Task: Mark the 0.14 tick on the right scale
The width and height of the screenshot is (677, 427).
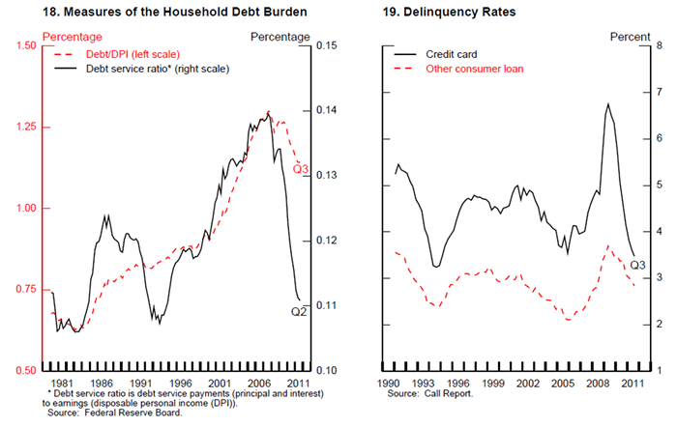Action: click(323, 111)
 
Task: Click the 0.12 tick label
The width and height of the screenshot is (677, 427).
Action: click(323, 241)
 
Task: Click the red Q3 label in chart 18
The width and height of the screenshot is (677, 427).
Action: click(300, 171)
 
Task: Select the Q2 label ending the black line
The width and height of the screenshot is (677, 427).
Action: click(300, 312)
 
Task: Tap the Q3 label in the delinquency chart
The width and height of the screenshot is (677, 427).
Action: click(637, 265)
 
